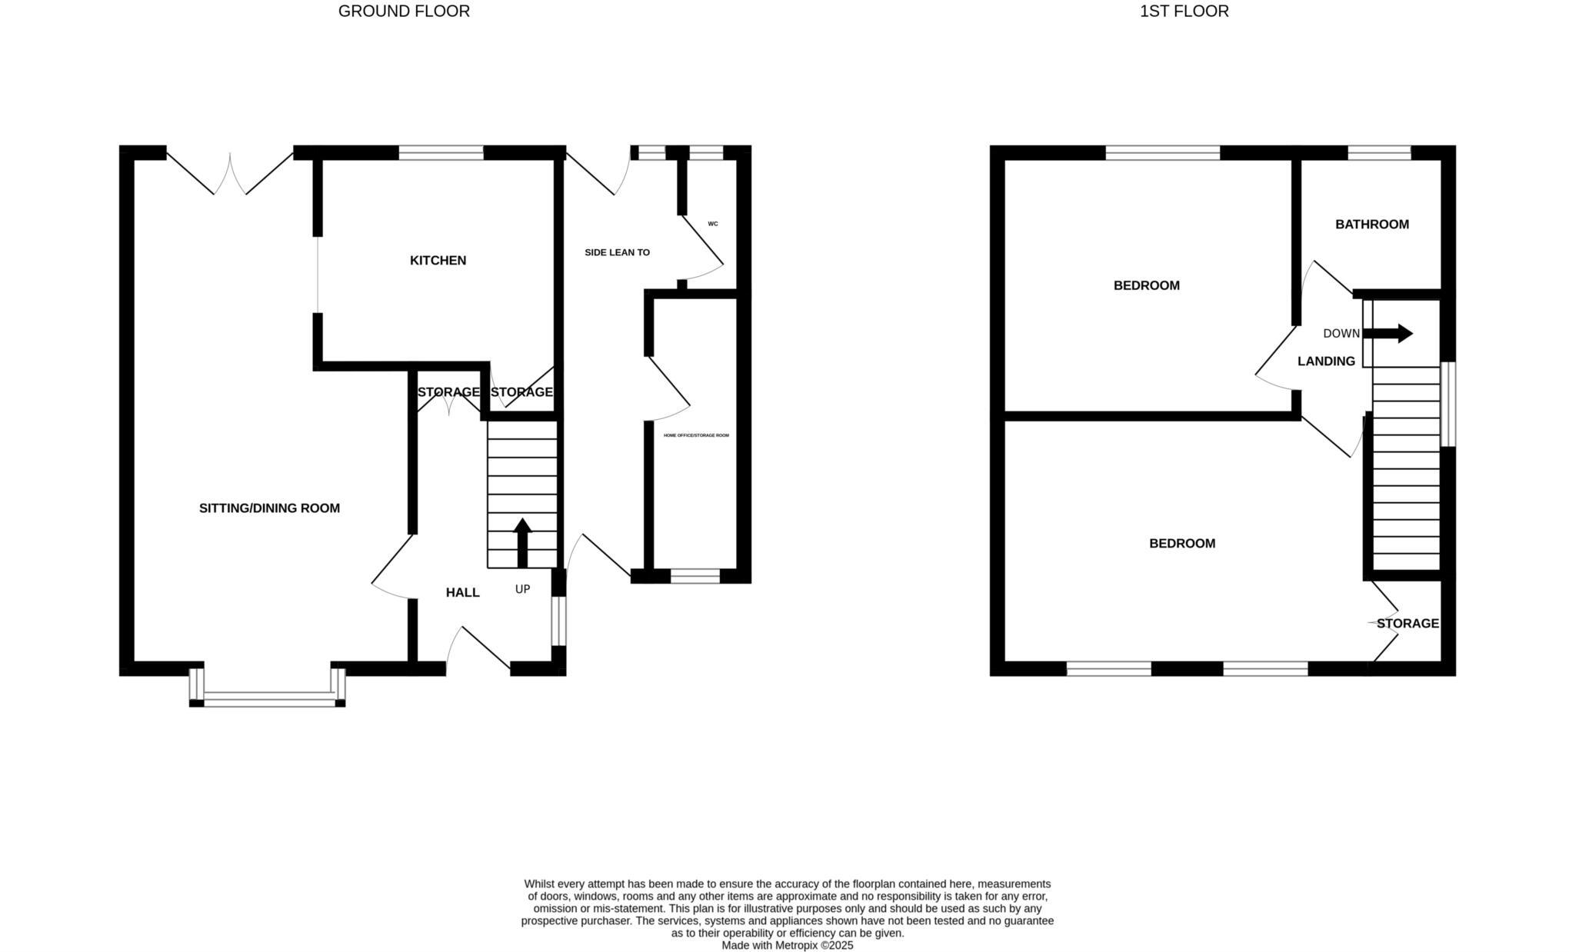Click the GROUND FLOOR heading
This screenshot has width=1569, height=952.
pyautogui.click(x=404, y=12)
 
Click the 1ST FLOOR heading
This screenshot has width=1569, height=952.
pyautogui.click(x=1184, y=12)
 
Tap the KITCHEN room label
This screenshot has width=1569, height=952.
pyautogui.click(x=438, y=261)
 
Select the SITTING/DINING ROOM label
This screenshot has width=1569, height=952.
pyautogui.click(x=269, y=508)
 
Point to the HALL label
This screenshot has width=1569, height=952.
pyautogui.click(x=462, y=592)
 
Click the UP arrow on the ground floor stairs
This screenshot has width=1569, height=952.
pyautogui.click(x=522, y=542)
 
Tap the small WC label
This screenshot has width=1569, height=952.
pyautogui.click(x=712, y=224)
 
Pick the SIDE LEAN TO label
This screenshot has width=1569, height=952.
pyautogui.click(x=617, y=252)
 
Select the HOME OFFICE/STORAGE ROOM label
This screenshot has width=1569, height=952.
pyautogui.click(x=696, y=435)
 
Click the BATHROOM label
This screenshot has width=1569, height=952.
pyautogui.click(x=1371, y=225)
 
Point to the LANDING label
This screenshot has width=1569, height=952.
pyautogui.click(x=1326, y=361)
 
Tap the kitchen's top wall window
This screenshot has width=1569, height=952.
pyautogui.click(x=441, y=152)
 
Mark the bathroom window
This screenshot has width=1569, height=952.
pyautogui.click(x=1379, y=152)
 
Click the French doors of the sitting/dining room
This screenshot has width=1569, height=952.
pyautogui.click(x=229, y=173)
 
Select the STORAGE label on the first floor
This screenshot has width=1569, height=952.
pyautogui.click(x=1407, y=624)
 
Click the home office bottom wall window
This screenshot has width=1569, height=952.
pyautogui.click(x=695, y=576)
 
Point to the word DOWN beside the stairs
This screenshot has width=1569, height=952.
pyautogui.click(x=1341, y=334)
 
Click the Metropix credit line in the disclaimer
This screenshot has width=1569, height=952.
pyautogui.click(x=787, y=946)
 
